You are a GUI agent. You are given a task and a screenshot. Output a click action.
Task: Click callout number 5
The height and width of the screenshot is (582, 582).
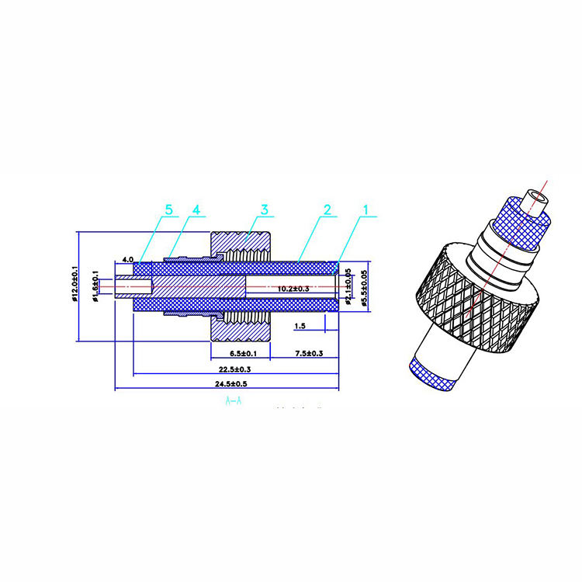click(168, 210)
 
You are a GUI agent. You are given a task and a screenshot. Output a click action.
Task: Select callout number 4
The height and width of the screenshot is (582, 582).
click(196, 210)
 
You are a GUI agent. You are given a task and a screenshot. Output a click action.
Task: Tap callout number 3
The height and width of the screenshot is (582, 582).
click(264, 210)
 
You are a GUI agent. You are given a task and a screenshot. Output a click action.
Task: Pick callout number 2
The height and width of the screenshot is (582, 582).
click(327, 210)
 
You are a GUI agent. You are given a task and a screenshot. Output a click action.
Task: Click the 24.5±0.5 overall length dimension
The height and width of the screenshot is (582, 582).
click(230, 384)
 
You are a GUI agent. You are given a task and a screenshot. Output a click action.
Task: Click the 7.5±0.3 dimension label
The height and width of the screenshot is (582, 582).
click(308, 353)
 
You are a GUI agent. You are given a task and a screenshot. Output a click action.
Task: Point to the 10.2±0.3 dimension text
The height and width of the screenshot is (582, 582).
click(293, 288)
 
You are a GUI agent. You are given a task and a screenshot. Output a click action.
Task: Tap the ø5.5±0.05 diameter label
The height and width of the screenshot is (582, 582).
click(362, 286)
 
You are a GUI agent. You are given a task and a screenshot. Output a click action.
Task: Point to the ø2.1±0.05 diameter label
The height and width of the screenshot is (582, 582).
click(348, 286)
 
